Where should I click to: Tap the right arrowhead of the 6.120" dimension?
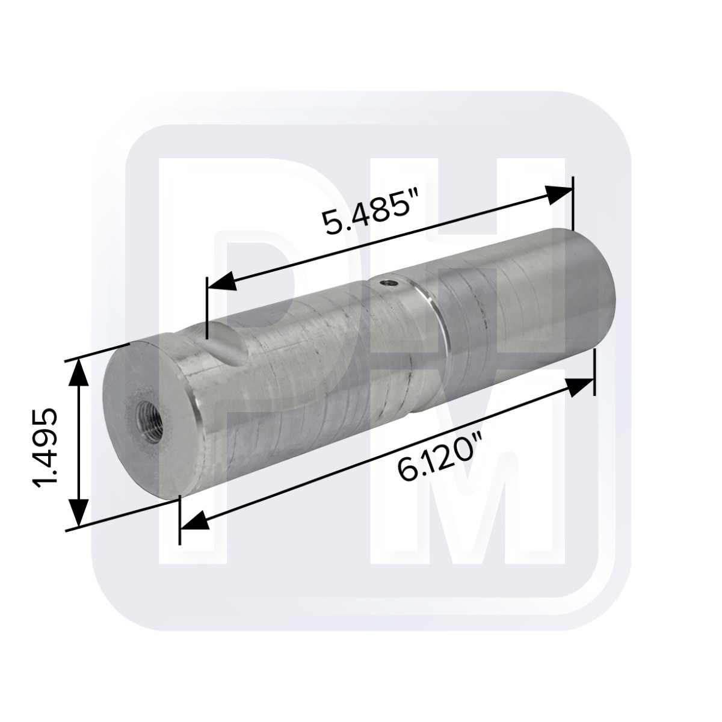point(579,387)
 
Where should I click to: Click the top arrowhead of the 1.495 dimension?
point(79,376)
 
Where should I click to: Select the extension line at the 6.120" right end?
point(594,373)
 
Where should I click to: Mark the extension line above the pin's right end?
point(572,205)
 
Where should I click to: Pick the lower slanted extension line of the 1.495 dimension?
point(120,515)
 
